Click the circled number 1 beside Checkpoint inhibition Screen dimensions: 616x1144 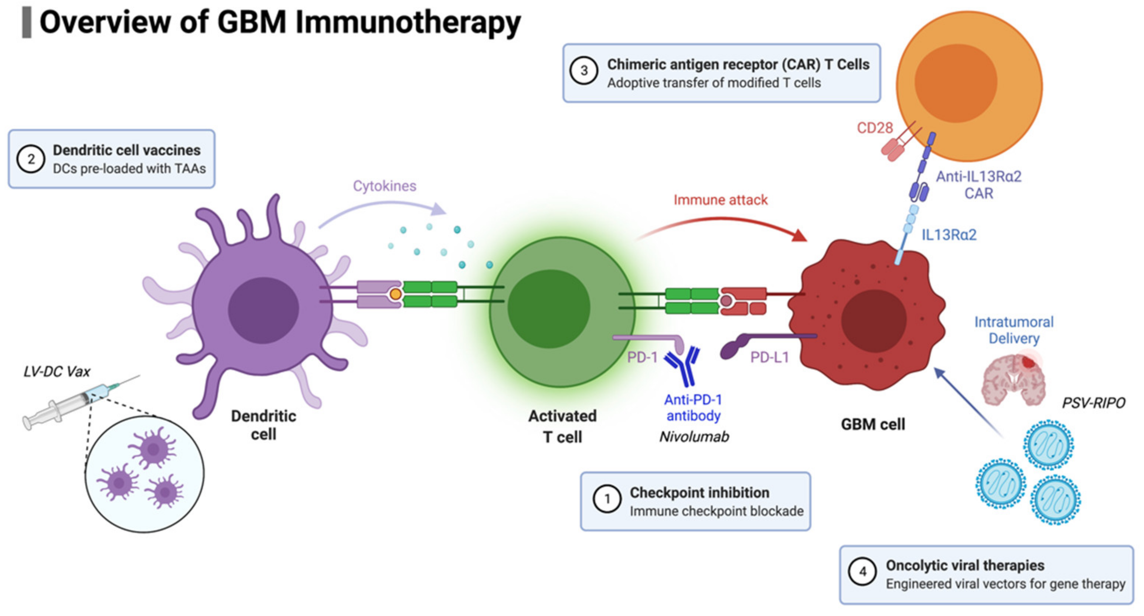click(x=607, y=499)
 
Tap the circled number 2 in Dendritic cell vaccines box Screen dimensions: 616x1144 click(x=31, y=159)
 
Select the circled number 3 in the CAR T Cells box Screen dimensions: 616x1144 click(x=584, y=71)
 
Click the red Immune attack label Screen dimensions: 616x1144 click(x=720, y=200)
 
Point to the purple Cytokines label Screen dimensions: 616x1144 click(x=384, y=186)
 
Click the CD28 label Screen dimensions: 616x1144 click(x=874, y=128)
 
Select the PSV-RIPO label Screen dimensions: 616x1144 click(x=1093, y=403)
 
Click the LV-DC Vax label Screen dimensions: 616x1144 click(x=57, y=371)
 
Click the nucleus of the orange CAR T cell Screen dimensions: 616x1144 click(x=956, y=83)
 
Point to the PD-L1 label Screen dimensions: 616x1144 click(x=769, y=357)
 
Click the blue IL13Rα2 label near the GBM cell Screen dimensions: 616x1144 click(x=949, y=235)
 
